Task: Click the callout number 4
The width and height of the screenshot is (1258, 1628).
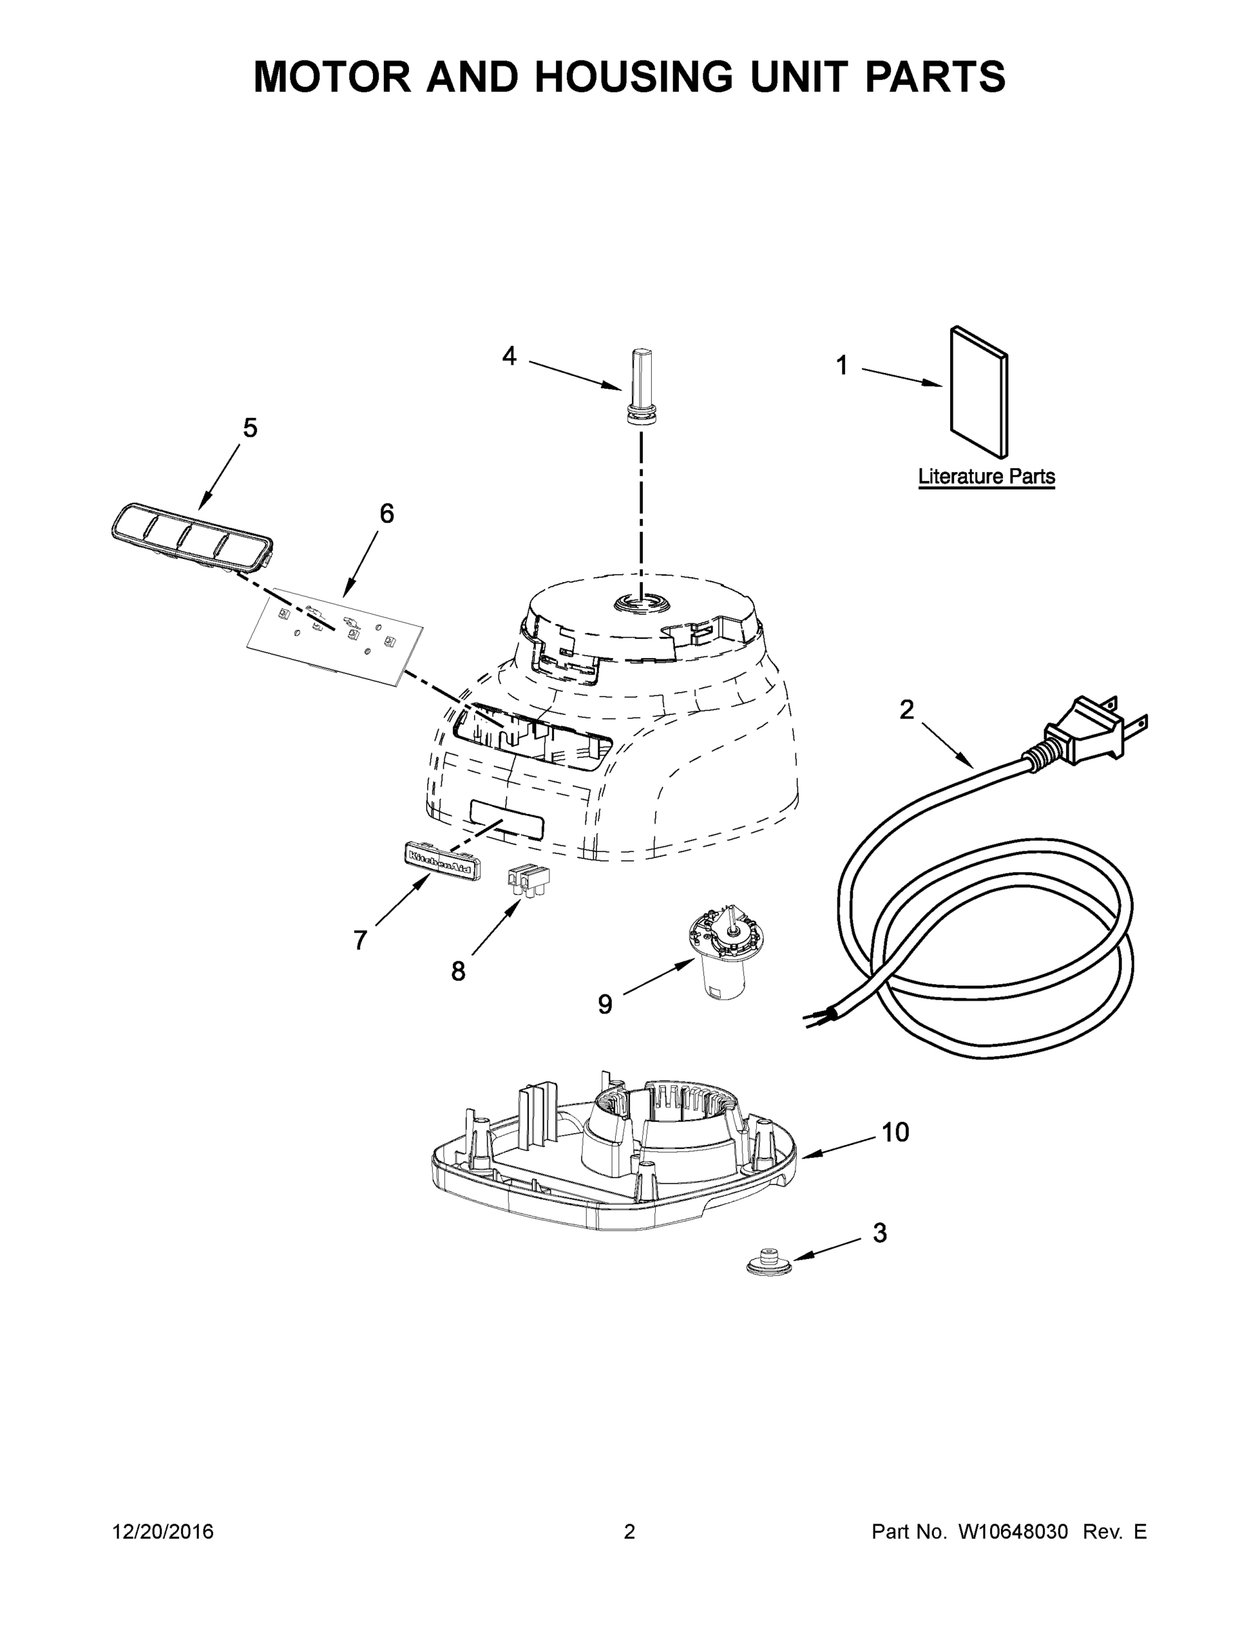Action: pyautogui.click(x=509, y=356)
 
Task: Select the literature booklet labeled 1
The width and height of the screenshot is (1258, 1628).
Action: pyautogui.click(x=979, y=392)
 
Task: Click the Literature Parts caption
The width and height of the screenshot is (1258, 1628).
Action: pyautogui.click(x=986, y=476)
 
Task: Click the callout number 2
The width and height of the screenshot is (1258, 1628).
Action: pyautogui.click(x=906, y=710)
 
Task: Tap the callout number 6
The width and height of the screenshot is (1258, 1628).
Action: pyautogui.click(x=386, y=513)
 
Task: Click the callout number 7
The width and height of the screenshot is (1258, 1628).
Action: pyautogui.click(x=360, y=941)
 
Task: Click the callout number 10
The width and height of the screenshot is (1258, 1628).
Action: pyautogui.click(x=895, y=1132)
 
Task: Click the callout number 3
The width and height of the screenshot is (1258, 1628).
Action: pyautogui.click(x=880, y=1233)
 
